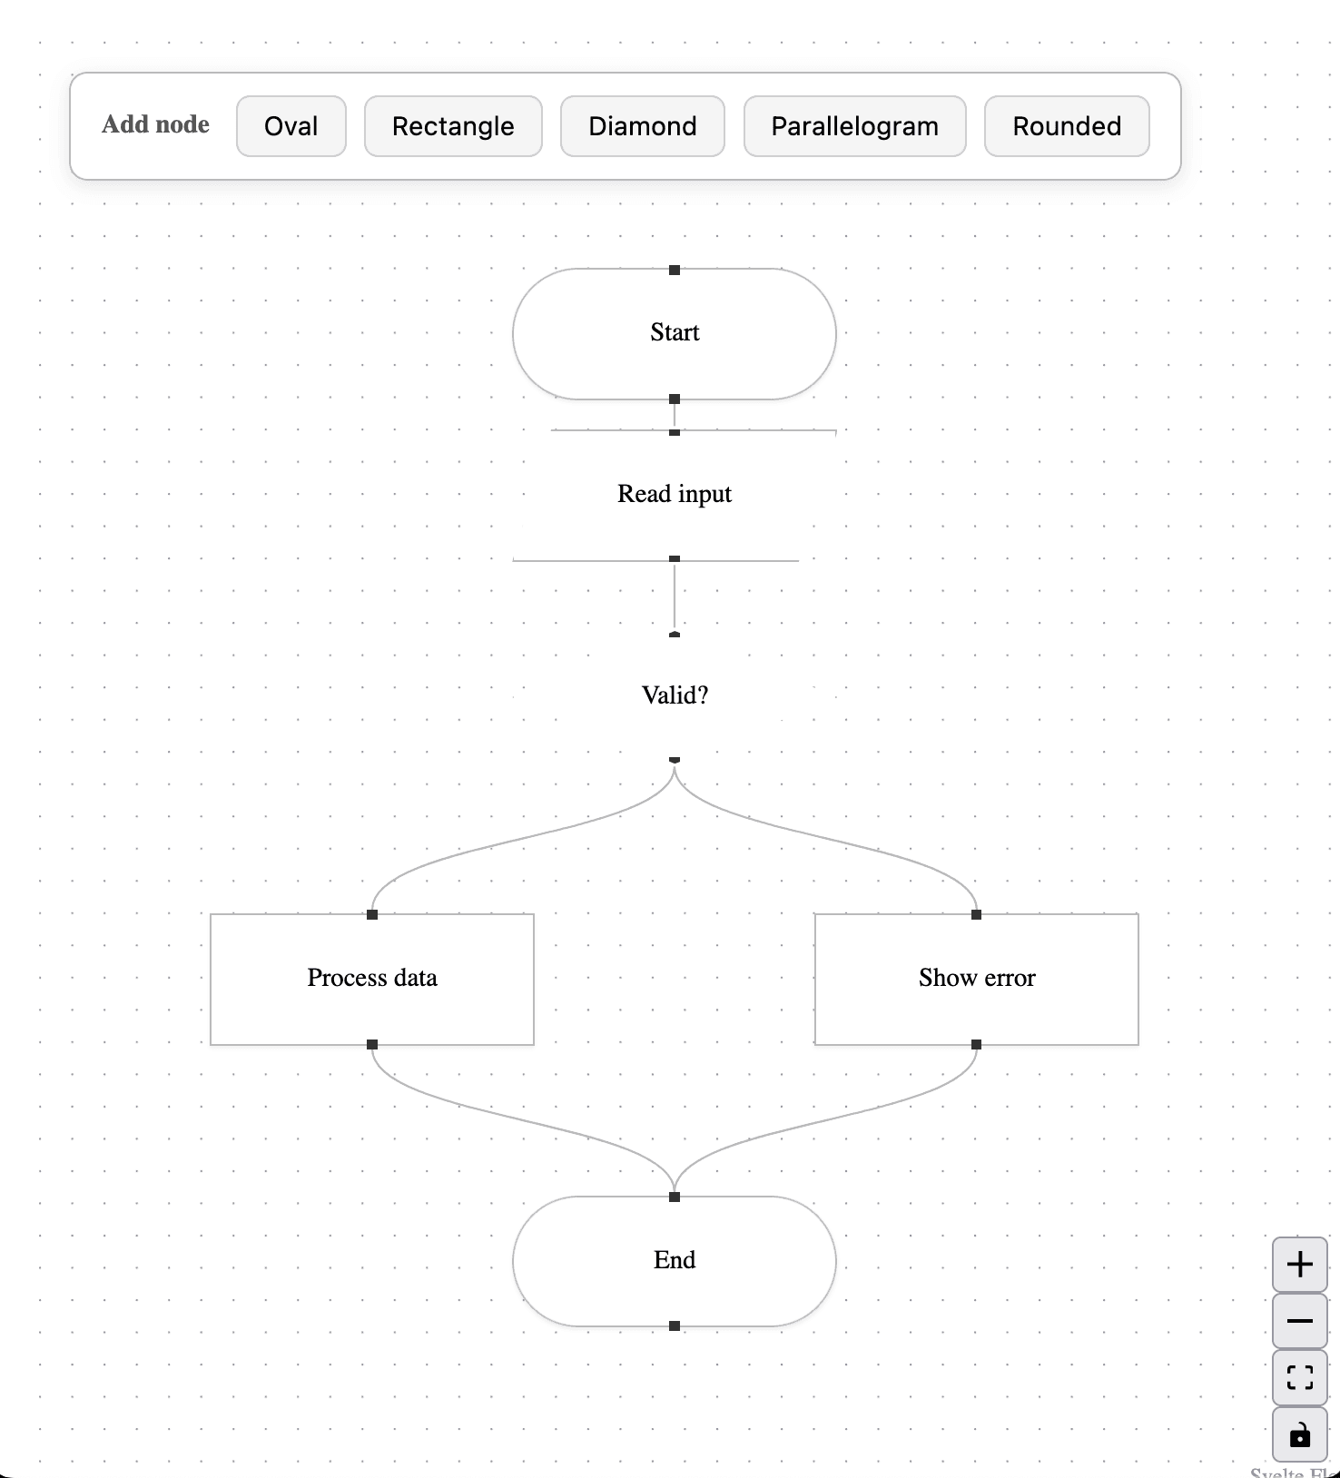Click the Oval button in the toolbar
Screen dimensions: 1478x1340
pos(291,126)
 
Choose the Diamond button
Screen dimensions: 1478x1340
pos(642,126)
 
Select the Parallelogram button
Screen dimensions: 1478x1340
pos(854,126)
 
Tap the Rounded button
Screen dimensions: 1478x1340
pos(1067,126)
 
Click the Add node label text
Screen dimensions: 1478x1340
pos(155,124)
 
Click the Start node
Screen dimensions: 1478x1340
pos(674,333)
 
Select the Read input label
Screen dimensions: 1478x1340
pos(674,494)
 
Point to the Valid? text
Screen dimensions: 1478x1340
pos(674,695)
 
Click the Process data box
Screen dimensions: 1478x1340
pos(372,979)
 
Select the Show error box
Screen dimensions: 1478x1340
pos(976,979)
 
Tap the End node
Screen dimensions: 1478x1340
pos(674,1260)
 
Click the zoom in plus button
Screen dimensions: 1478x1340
pos(1300,1265)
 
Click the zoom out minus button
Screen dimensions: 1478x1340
pos(1300,1321)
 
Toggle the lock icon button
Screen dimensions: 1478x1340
pos(1300,1435)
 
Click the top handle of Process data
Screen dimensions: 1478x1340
pos(372,914)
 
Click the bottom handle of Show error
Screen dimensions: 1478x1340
pos(976,1045)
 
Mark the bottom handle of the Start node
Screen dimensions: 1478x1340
pos(675,399)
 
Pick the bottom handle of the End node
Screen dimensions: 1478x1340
pos(675,1326)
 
